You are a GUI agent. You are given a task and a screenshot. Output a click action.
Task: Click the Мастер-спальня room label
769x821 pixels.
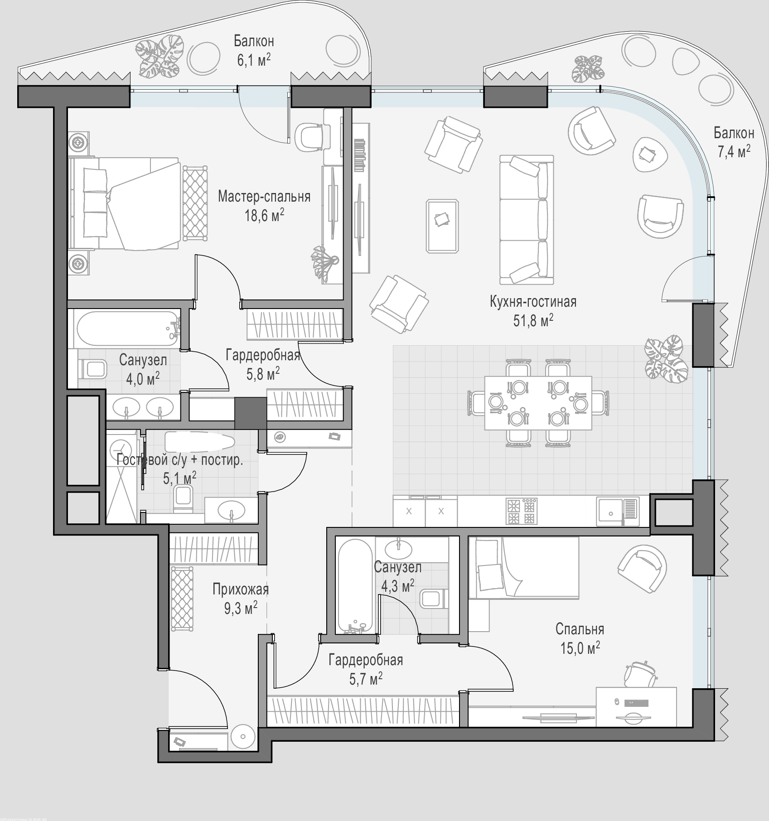tap(264, 197)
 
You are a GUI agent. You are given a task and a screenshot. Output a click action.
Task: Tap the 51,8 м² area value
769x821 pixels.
tap(533, 320)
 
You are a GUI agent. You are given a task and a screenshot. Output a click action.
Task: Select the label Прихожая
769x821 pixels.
tap(241, 589)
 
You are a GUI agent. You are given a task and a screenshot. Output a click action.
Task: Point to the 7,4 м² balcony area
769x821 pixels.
tap(734, 151)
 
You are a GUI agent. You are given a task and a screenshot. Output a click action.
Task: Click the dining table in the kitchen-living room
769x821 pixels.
tap(538, 403)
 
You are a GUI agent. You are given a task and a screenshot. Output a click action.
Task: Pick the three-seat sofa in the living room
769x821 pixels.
tap(527, 220)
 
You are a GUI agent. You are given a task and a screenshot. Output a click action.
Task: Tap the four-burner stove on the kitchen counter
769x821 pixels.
tap(521, 511)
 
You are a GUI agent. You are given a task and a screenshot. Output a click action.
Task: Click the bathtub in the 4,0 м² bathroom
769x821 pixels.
tap(128, 328)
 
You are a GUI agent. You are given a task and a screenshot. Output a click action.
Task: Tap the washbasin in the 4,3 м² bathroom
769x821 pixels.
tap(398, 549)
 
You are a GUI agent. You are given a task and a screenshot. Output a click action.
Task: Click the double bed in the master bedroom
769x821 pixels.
tap(125, 204)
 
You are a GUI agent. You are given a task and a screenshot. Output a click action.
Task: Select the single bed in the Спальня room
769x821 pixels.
tap(524, 568)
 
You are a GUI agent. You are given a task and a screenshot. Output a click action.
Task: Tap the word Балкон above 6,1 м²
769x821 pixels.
tap(254, 41)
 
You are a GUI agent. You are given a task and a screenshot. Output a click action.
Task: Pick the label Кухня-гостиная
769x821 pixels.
tap(533, 301)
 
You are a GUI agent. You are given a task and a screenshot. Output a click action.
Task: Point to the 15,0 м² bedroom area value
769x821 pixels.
tap(580, 648)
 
